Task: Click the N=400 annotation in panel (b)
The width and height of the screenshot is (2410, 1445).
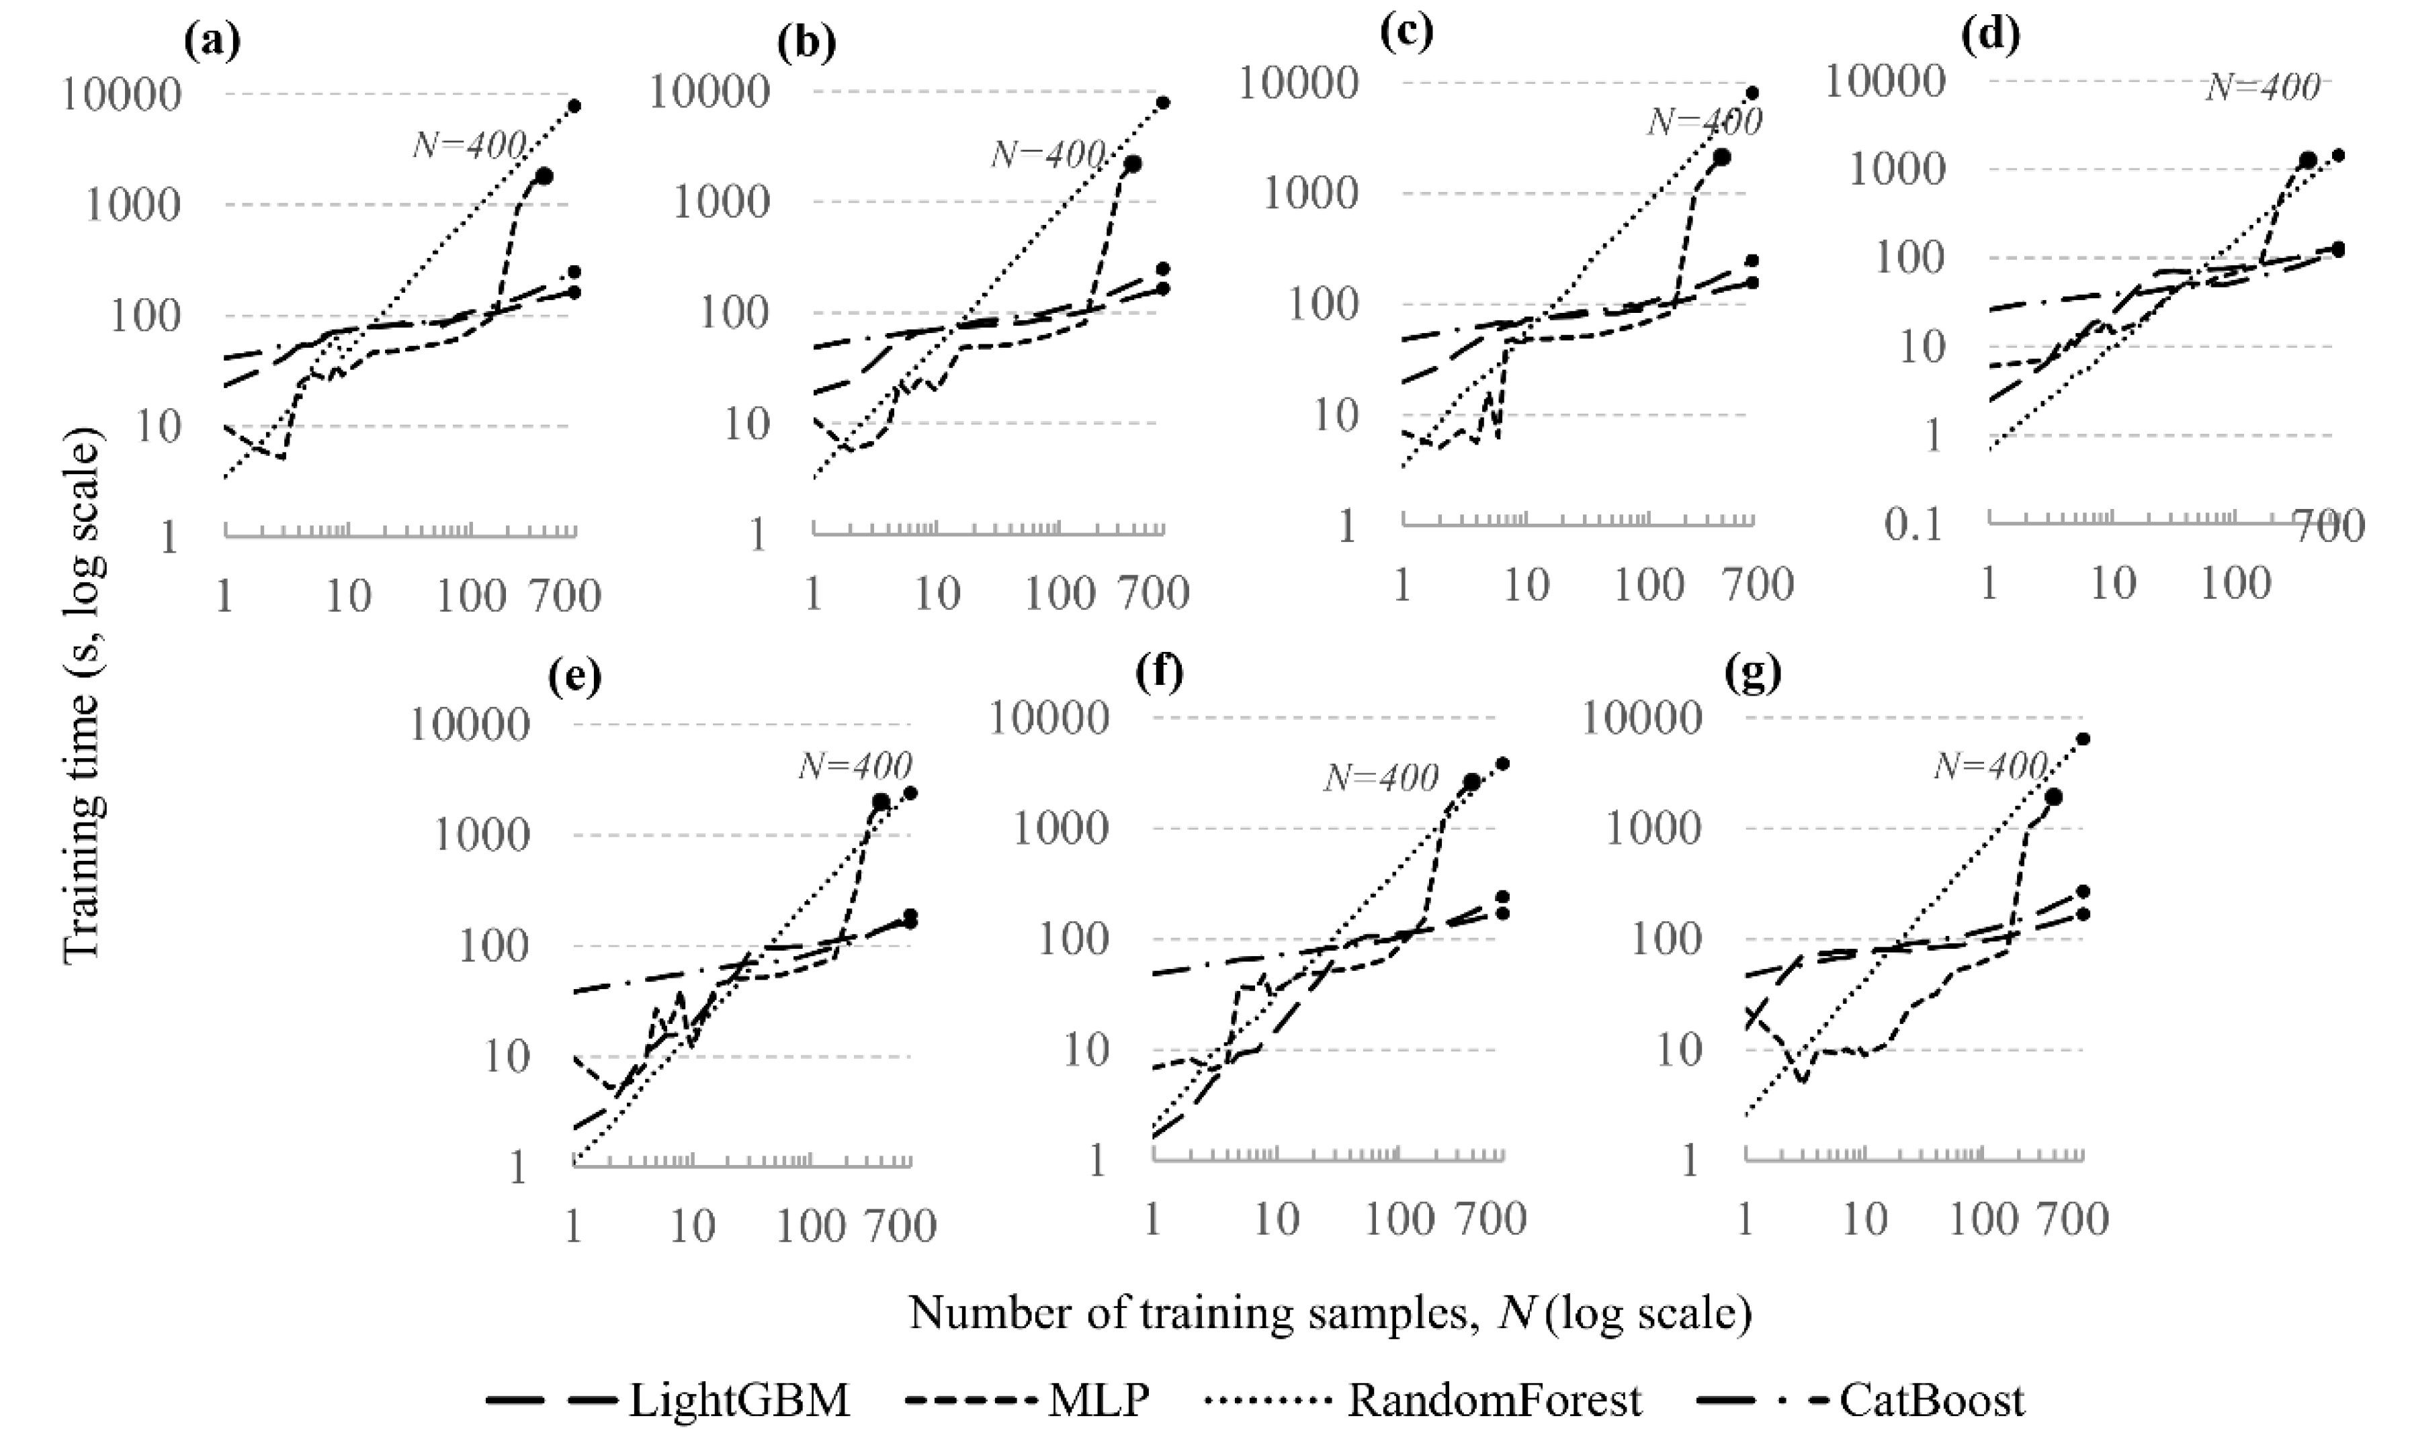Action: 1048,154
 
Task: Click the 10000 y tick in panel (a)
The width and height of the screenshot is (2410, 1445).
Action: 121,95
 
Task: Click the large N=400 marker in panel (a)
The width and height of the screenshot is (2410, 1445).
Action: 544,176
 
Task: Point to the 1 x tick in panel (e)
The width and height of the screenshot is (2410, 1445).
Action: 573,1227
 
